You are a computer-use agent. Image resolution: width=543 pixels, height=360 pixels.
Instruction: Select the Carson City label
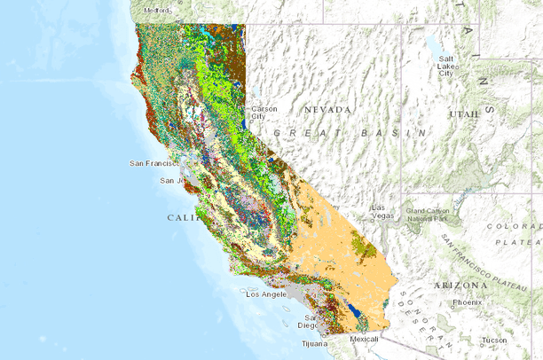[264, 113]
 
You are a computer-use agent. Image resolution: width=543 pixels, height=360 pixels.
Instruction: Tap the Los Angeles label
[265, 293]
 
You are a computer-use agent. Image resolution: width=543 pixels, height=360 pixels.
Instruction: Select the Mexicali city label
[363, 339]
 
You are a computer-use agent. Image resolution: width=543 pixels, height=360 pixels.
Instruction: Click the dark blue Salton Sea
[355, 310]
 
